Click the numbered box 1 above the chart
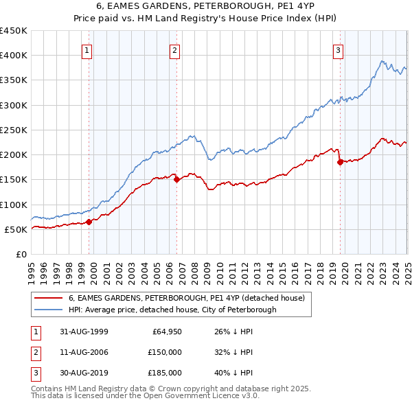[x=88, y=49]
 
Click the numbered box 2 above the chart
[x=175, y=49]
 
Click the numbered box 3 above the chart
[x=339, y=49]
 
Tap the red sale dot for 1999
[x=89, y=222]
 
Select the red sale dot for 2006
[x=176, y=180]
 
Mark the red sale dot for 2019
[x=340, y=163]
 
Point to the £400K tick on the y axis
[x=13, y=56]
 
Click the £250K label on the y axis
[x=13, y=130]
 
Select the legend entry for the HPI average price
[x=172, y=310]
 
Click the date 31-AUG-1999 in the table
[x=84, y=332]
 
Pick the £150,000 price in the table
[x=164, y=352]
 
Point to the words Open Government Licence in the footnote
[x=206, y=396]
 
